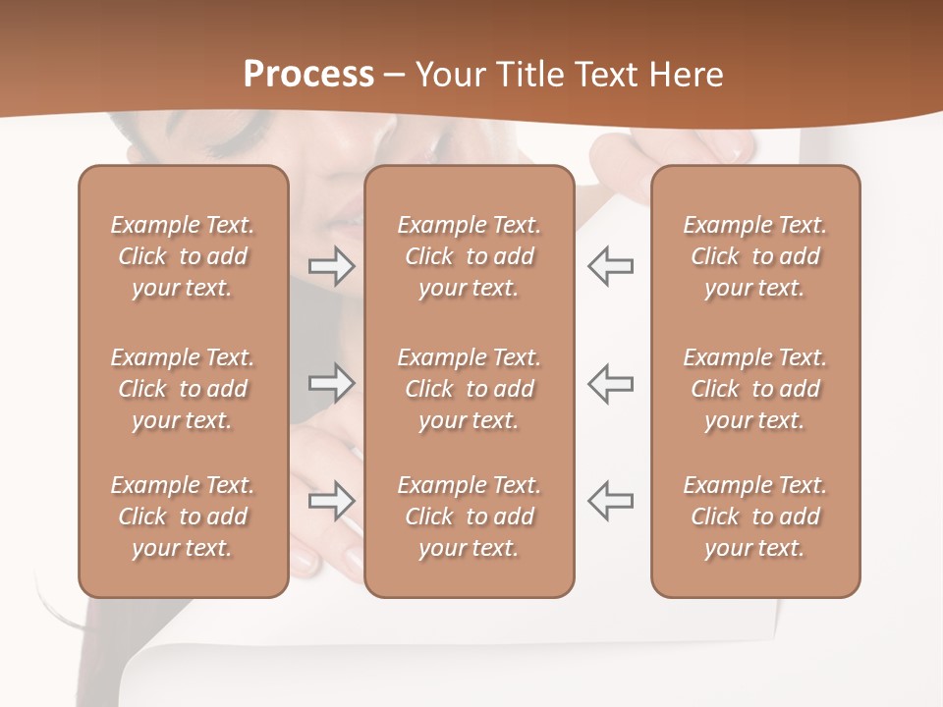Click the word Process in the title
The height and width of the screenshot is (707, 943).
308,74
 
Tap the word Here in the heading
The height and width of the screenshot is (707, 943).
686,74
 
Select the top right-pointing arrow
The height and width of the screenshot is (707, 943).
332,266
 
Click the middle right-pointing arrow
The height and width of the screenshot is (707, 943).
332,382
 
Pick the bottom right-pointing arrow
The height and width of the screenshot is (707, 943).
332,500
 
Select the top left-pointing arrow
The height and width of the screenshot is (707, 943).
610,266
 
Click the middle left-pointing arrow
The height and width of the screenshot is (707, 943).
610,382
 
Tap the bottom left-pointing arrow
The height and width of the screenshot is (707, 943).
610,500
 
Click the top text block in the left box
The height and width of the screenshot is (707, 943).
183,256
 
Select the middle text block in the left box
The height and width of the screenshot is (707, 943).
183,389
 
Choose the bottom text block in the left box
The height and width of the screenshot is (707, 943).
183,517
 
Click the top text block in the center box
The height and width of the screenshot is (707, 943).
469,256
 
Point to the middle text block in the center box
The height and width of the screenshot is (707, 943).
469,389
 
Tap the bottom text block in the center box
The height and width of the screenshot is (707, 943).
469,517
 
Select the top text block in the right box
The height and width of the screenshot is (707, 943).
755,256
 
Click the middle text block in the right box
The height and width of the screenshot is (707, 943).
755,389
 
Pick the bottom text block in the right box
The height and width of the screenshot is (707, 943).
755,517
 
